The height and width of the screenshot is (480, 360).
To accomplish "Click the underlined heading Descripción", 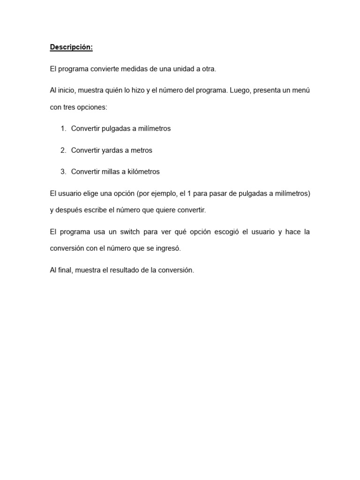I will (71, 47).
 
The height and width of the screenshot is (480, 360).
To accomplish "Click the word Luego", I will (240, 90).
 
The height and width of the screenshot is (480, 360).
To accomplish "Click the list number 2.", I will (63, 150).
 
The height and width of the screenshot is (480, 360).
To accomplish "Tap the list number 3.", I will (63, 172).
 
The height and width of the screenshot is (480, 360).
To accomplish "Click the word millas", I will (111, 172).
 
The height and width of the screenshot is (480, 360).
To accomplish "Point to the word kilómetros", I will (143, 172).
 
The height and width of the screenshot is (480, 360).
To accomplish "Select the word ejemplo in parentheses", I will (162, 193).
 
